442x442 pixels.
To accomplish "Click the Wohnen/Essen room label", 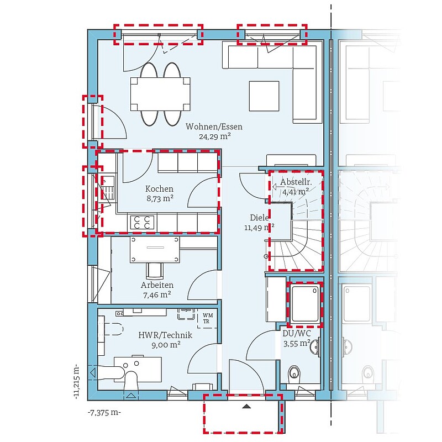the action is coord(214,127).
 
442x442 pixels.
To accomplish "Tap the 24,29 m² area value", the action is coord(215,136).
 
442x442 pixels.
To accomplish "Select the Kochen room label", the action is coord(159,188).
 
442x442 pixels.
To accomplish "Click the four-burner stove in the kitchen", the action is coord(142,222).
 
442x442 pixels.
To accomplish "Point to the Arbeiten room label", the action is coord(157,285).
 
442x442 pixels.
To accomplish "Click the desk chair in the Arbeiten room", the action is coord(155,270).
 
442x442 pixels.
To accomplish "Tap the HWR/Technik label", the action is coord(165,335).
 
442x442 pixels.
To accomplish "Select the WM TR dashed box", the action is coord(207,319).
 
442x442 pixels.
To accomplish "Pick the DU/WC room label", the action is coord(297,334).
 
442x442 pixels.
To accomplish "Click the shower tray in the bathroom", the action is coord(306,303).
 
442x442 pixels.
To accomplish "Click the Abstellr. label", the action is coord(296,182).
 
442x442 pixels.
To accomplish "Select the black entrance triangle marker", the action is coord(246,406).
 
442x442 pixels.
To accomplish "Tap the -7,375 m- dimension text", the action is coord(104,413).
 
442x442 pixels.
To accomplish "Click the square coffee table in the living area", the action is coord(264,96).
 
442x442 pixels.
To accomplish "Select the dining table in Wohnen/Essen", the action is coord(160,94).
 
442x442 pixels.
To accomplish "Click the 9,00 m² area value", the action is coord(166,345).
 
